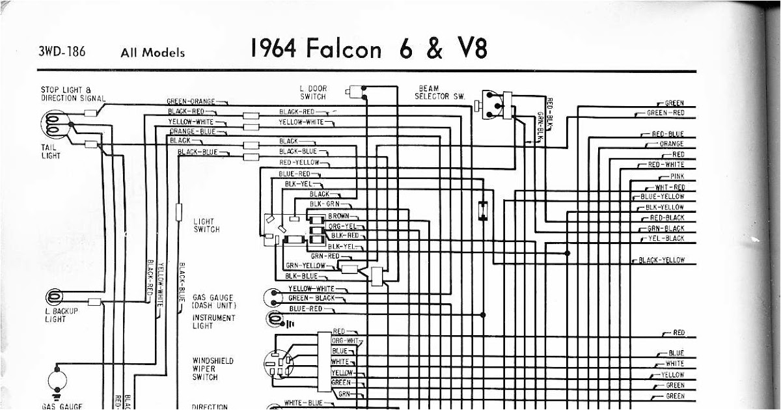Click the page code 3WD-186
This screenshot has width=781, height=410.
click(62, 51)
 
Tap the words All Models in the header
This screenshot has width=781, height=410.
click(152, 53)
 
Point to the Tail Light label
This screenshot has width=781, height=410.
click(49, 151)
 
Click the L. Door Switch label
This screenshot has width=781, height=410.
click(313, 92)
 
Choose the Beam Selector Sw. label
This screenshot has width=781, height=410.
click(441, 92)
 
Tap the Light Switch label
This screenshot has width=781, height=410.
click(206, 226)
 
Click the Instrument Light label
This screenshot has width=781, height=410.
click(213, 322)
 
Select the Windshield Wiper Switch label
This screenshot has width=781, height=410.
click(213, 368)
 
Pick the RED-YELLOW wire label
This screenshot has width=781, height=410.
click(299, 162)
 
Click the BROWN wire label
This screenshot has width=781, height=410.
click(338, 215)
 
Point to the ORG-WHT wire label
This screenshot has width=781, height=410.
click(345, 340)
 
